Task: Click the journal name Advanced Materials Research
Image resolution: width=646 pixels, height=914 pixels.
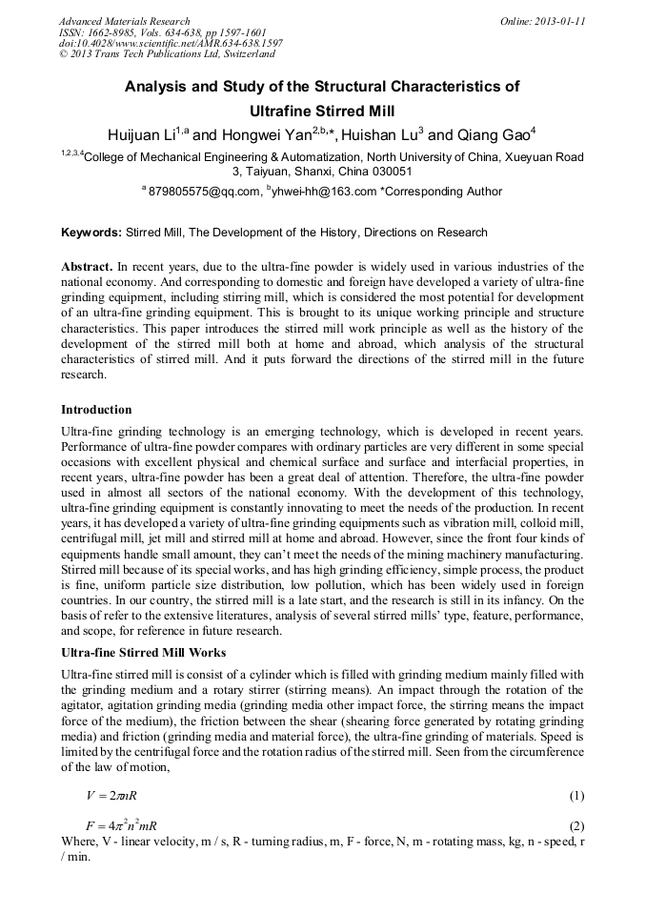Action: pyautogui.click(x=125, y=21)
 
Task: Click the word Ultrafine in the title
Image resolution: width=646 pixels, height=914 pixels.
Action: pyautogui.click(x=296, y=111)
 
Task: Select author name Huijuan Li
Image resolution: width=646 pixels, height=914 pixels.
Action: pyautogui.click(x=147, y=135)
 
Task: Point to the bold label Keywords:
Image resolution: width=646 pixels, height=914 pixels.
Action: pyautogui.click(x=91, y=233)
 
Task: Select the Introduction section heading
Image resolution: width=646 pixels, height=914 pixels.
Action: pyautogui.click(x=96, y=410)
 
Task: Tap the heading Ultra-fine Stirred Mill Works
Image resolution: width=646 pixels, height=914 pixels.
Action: pyautogui.click(x=143, y=652)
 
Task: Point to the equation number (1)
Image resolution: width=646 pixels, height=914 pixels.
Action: pyautogui.click(x=575, y=796)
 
